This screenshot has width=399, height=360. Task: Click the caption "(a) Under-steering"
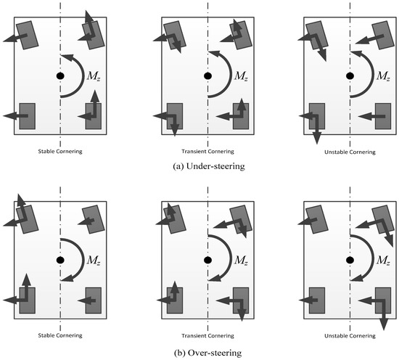209,166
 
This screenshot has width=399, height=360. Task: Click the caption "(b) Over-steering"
208,353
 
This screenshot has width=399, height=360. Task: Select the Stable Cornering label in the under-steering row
60,152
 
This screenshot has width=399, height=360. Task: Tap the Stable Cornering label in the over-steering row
60,335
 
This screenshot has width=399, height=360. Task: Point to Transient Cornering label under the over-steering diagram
208,336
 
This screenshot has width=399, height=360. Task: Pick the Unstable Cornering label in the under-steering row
350,152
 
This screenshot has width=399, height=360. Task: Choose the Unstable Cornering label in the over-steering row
350,336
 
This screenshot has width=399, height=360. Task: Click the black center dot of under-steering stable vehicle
60,76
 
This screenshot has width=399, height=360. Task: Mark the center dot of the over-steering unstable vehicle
350,260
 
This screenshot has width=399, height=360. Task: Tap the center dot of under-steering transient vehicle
208,76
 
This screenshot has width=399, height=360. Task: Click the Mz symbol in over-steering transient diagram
241,260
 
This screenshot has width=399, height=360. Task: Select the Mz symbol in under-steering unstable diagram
383,76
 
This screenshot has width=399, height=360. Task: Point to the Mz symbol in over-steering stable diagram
94,260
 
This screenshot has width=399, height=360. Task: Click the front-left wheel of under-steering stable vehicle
28,35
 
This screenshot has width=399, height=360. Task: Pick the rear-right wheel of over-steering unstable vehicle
383,300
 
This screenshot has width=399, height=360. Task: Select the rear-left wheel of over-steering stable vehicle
28,300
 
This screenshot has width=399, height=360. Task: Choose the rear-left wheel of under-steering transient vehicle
175,116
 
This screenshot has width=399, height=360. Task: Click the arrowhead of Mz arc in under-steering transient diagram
214,54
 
